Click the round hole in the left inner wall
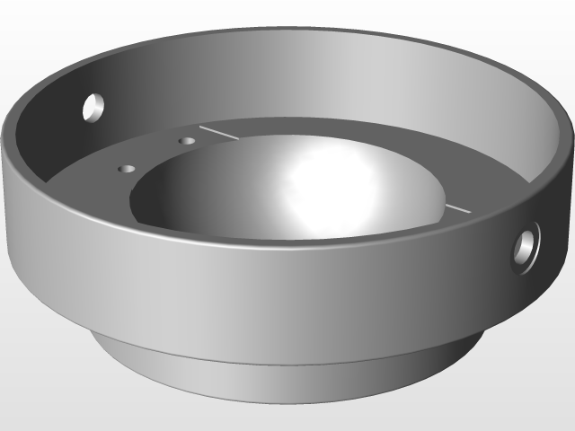[x=93, y=108]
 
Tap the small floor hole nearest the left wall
[x=127, y=168]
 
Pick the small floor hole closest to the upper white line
[x=187, y=141]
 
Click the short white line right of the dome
[x=456, y=208]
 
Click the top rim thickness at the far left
[x=7, y=144]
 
